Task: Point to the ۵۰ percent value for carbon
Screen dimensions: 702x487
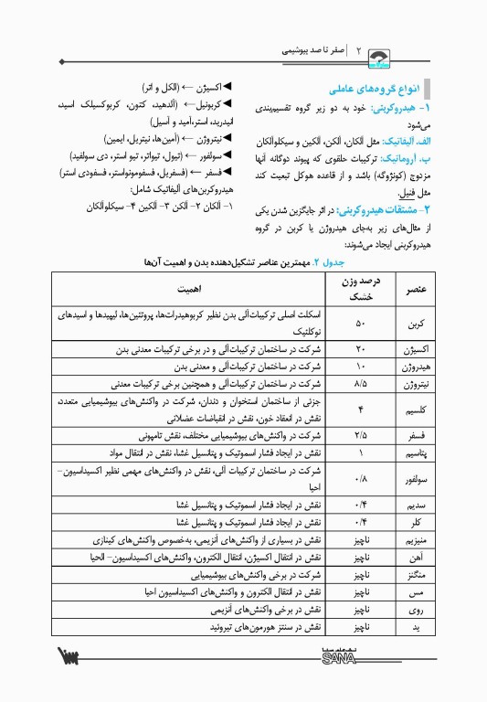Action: click(x=360, y=324)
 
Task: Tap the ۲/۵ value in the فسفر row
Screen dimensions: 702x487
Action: click(x=360, y=436)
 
